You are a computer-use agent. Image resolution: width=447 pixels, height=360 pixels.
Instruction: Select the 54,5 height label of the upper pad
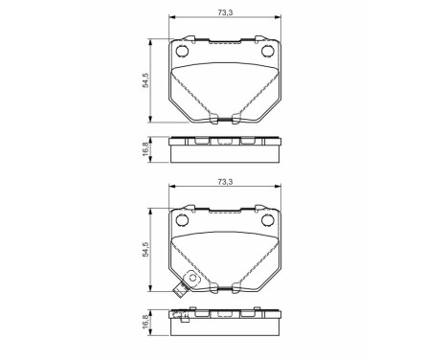click(145, 80)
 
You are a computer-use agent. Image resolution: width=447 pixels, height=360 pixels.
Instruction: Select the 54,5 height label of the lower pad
click(145, 252)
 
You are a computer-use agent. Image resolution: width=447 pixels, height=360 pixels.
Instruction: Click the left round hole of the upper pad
click(183, 52)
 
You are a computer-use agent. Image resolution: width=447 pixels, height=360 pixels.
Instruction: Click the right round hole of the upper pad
click(268, 52)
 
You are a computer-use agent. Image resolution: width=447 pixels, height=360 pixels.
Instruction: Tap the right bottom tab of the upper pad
click(236, 120)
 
